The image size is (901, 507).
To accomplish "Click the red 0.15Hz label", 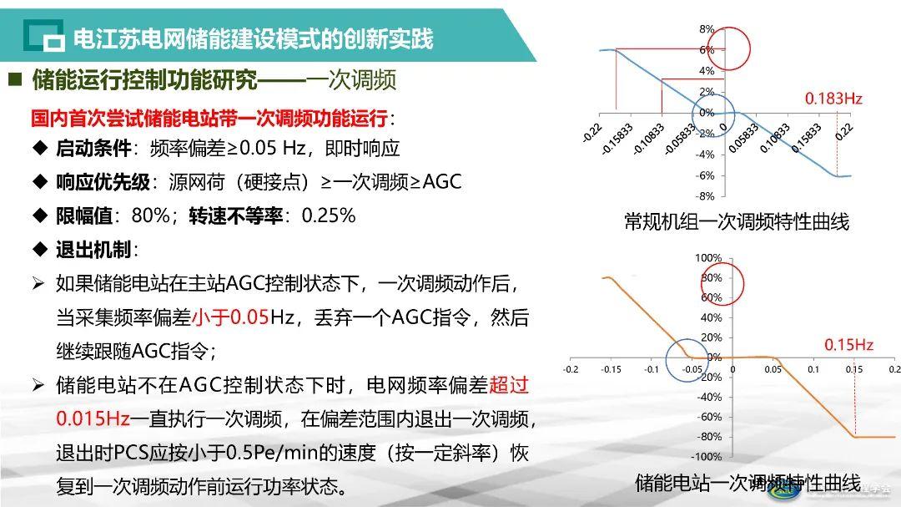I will pos(848,344).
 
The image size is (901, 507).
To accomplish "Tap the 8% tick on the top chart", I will pos(707,29).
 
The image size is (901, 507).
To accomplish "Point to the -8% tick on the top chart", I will pos(705,196).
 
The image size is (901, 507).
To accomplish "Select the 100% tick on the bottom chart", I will pos(708,258).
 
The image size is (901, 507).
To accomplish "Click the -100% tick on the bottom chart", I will pos(707,457).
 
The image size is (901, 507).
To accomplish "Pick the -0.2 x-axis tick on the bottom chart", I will pos(571,368).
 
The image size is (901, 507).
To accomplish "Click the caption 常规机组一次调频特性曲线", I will pos(736,222).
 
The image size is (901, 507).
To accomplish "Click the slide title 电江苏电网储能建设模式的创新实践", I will pos(253,38).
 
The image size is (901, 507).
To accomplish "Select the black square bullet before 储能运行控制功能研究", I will pos(14,80).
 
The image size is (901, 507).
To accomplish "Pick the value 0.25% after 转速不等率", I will pos(328,215).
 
